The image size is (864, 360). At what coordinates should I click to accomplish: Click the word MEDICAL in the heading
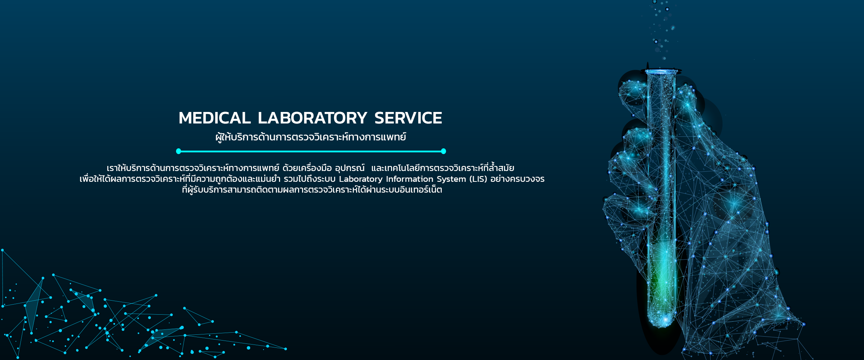(215, 118)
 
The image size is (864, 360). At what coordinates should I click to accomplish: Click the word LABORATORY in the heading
(312, 118)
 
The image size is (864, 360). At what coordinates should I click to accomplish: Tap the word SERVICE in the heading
(408, 118)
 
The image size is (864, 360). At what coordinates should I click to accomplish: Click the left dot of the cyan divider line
(179, 151)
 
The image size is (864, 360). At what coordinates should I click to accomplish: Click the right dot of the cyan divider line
(444, 151)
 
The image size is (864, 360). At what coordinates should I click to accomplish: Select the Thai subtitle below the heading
(311, 137)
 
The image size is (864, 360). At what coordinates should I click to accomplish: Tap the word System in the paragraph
(451, 179)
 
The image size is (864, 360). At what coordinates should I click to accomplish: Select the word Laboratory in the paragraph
(361, 179)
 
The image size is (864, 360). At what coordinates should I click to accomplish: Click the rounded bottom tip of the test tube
(662, 322)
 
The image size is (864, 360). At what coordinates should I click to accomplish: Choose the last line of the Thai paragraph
(312, 190)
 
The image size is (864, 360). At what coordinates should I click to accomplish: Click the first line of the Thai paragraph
(310, 168)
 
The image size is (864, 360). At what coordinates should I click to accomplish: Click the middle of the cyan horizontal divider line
(311, 151)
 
